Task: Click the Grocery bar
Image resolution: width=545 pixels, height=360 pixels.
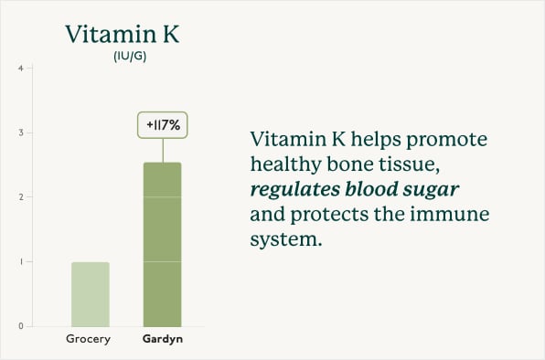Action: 90,293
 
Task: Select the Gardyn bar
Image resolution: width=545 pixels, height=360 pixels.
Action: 164,244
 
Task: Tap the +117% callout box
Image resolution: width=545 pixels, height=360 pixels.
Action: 163,123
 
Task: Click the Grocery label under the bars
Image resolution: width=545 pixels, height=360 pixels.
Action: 89,341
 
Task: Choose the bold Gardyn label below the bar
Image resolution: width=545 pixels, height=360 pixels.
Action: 163,341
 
